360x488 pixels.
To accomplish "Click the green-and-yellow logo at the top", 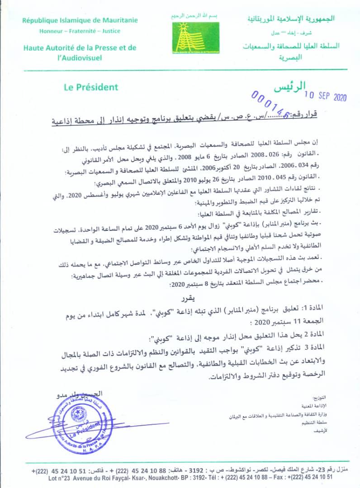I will click(194, 37).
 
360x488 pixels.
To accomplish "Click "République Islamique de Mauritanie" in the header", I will click(80, 20).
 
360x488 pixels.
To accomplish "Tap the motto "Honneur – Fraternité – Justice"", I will click(80, 31).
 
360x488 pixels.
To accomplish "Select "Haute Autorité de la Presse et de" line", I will click(80, 48).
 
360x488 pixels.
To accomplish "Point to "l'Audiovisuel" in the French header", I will click(80, 58).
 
